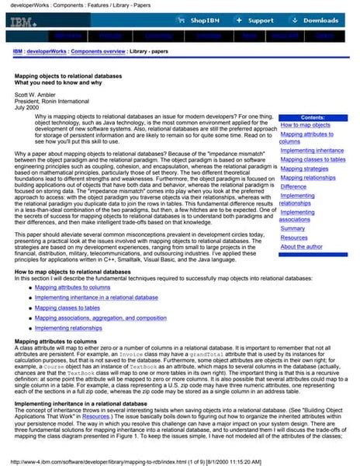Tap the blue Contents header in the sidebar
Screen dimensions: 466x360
click(x=313, y=116)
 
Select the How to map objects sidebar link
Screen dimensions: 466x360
click(x=305, y=125)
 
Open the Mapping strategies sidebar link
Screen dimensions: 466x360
click(x=304, y=169)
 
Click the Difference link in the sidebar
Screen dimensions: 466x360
click(x=293, y=186)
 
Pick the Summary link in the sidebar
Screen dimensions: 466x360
click(x=292, y=228)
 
